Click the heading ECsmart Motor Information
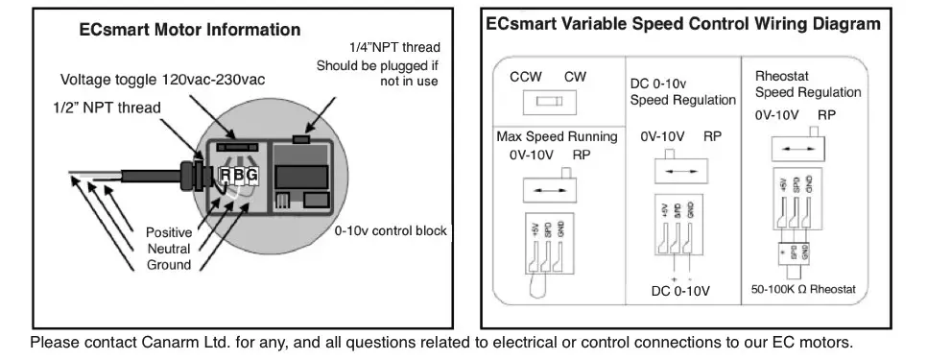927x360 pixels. (190, 31)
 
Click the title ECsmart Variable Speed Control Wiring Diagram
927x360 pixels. (682, 22)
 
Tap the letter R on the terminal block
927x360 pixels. (226, 175)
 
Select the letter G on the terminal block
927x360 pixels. (252, 175)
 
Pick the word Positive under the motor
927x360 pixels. (168, 233)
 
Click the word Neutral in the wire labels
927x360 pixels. (168, 249)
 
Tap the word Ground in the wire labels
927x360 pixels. (168, 264)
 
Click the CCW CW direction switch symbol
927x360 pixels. (549, 101)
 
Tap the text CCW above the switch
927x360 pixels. (525, 76)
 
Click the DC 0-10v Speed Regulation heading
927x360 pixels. (682, 92)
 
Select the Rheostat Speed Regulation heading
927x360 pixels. (807, 84)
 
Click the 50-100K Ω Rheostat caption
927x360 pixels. (804, 288)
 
